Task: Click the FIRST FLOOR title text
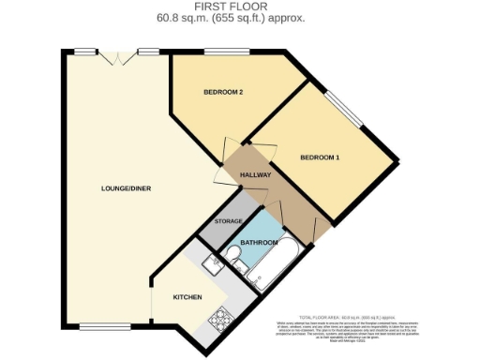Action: (241, 7)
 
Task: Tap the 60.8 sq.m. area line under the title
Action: (241, 18)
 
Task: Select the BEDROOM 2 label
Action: (223, 92)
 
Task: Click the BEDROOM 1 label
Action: (320, 157)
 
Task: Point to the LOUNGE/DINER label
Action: (127, 189)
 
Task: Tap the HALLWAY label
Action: (256, 175)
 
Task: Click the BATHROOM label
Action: (260, 243)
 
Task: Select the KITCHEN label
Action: (188, 297)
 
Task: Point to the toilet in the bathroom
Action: (240, 267)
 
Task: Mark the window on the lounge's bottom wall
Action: (97, 327)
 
